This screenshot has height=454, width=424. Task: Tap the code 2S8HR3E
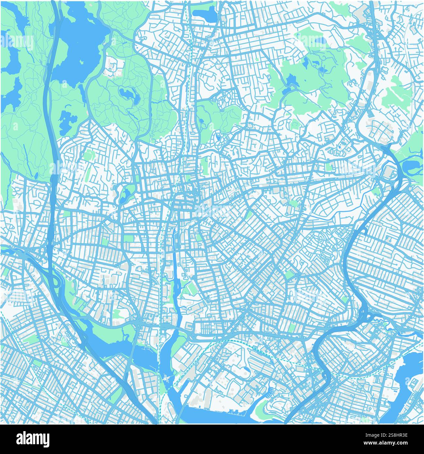point(398,435)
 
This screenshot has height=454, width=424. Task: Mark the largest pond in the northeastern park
point(291,80)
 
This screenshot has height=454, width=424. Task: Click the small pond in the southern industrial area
point(246,369)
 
